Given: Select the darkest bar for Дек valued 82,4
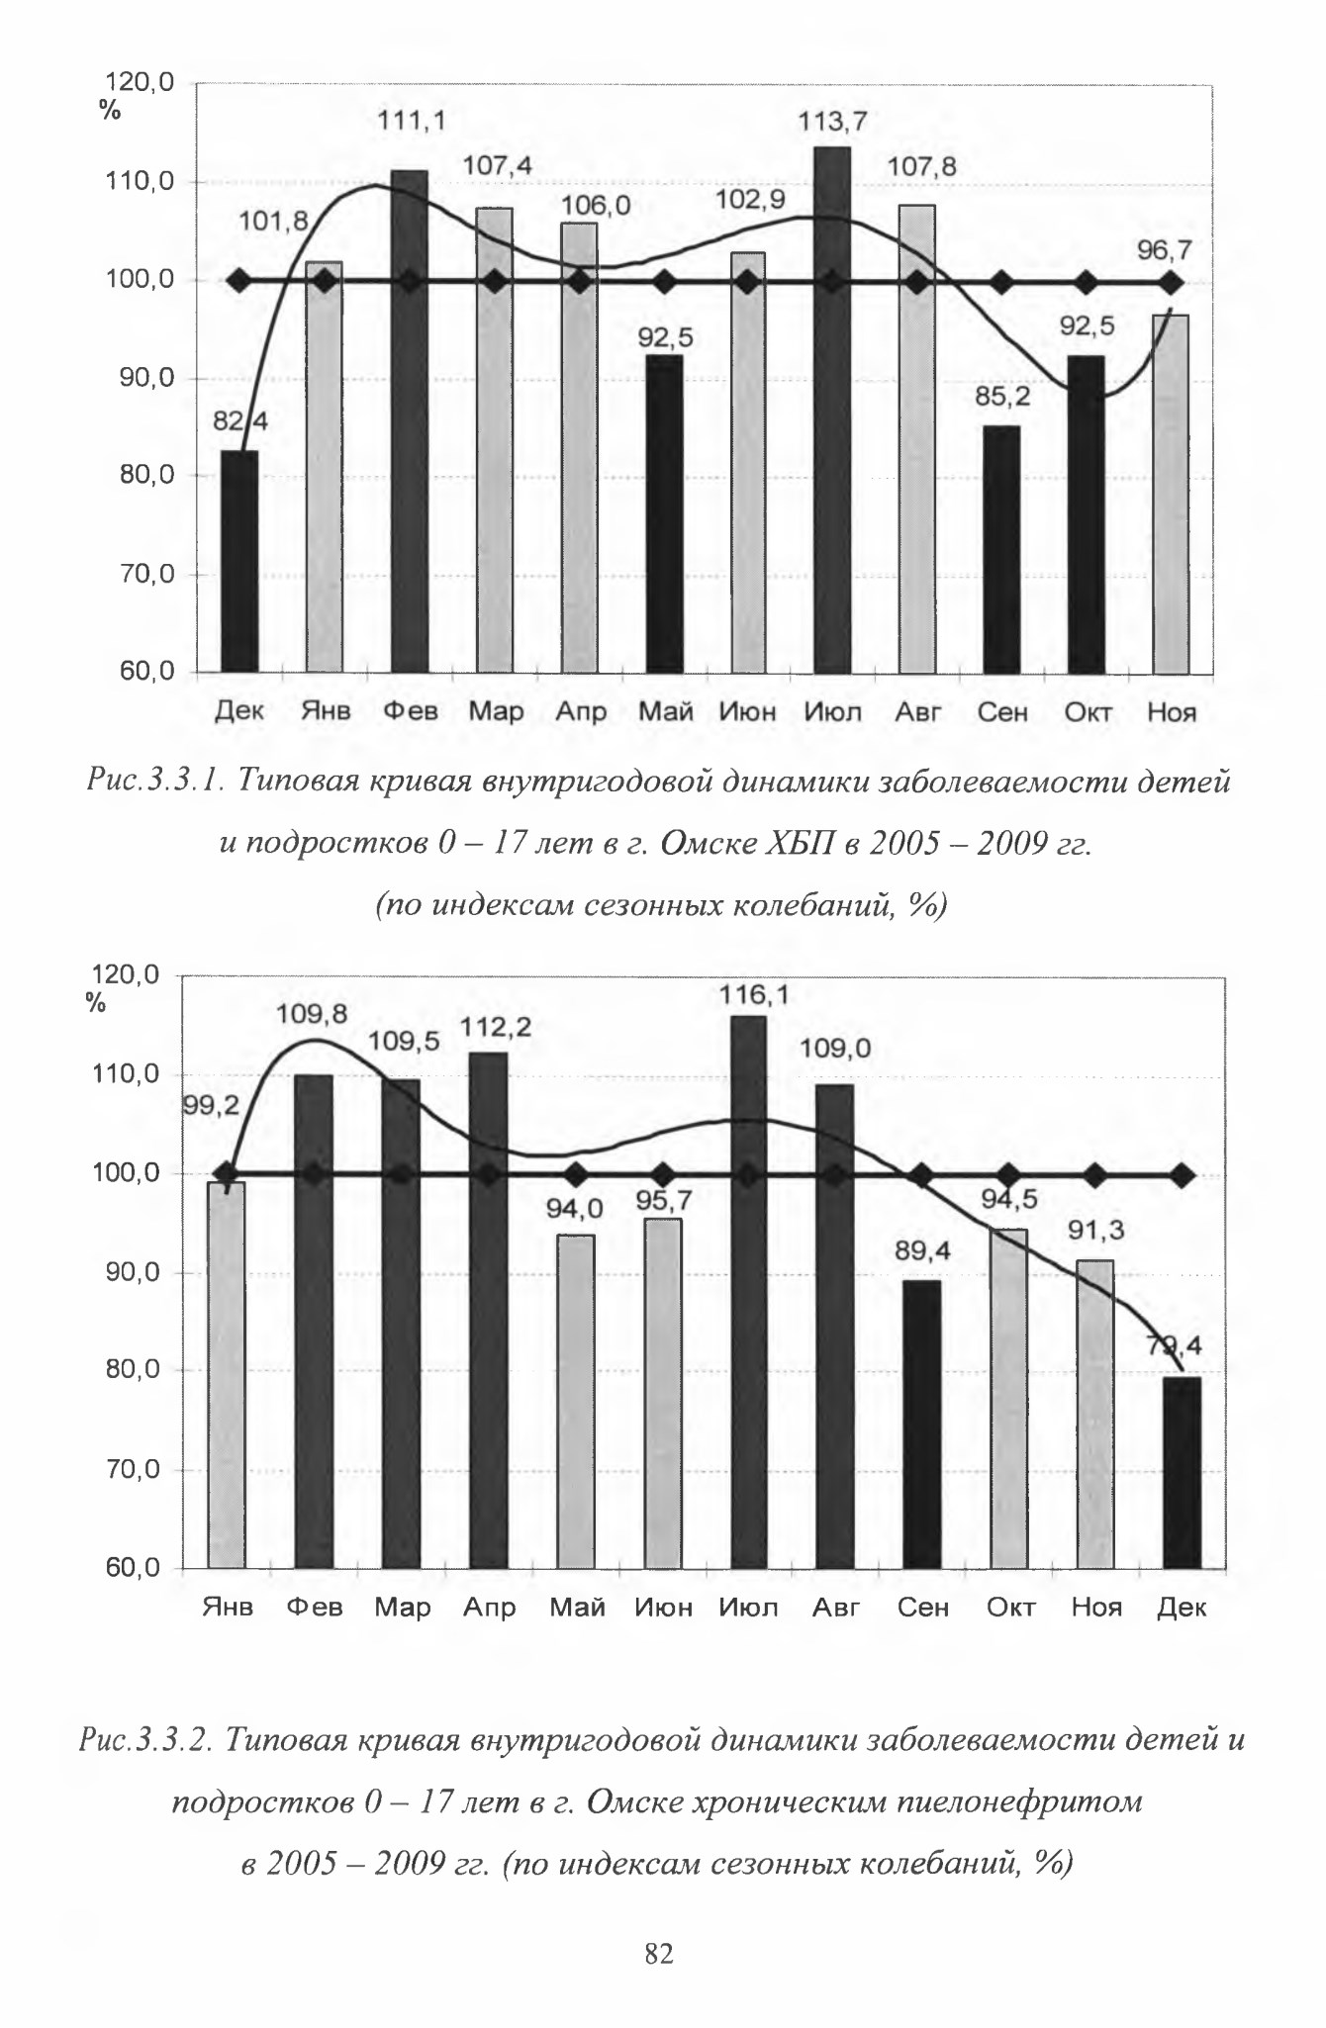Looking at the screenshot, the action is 239,563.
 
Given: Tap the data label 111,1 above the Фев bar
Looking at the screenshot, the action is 412,122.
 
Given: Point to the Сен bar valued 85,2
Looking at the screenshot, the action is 1001,550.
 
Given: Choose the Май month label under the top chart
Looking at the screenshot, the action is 665,711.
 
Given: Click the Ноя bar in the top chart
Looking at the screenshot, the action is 1171,495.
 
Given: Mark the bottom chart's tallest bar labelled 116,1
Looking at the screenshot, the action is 748,1291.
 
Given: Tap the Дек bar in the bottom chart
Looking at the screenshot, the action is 1183,1472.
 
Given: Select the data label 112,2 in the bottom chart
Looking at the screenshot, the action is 496,1028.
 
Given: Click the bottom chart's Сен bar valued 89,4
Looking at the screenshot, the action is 922,1424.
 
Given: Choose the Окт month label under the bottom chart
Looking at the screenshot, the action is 1010,1607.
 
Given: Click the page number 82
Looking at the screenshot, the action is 659,1953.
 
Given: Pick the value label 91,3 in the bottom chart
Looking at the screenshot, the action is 1095,1231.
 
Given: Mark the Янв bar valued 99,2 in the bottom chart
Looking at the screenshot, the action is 227,1375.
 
